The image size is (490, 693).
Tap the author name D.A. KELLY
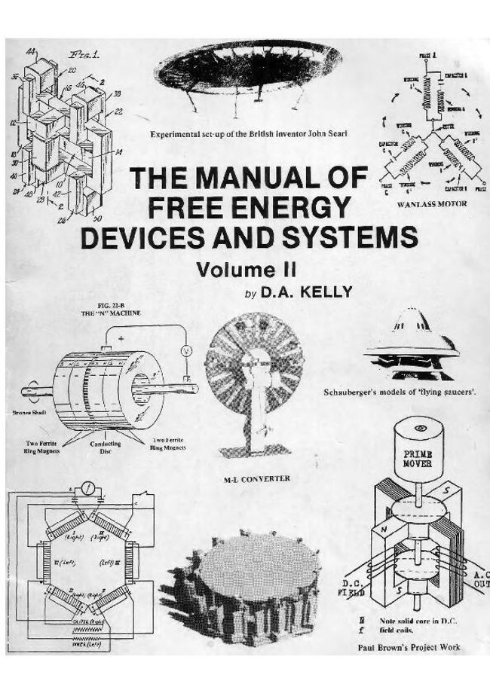[x=306, y=292]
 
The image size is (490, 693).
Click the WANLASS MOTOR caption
[x=432, y=203]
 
